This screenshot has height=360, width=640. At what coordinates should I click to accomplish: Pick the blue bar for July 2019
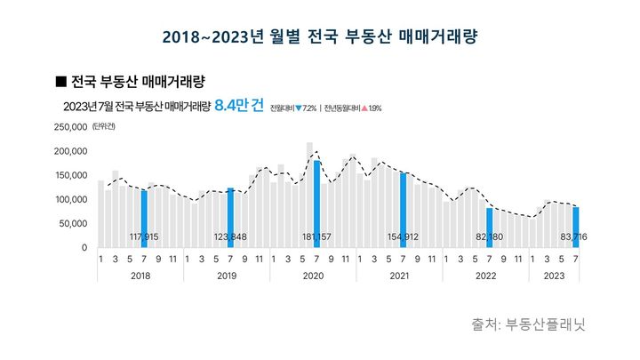pyautogui.click(x=230, y=217)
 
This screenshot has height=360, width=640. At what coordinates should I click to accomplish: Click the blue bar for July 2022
pyautogui.click(x=490, y=228)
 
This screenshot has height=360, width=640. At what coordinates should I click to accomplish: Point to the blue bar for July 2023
pyautogui.click(x=576, y=227)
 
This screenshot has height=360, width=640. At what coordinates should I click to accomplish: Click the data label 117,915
pyautogui.click(x=144, y=237)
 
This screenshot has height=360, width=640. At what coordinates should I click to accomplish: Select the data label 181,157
pyautogui.click(x=317, y=237)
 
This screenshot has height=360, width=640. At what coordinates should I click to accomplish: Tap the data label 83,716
pyautogui.click(x=576, y=237)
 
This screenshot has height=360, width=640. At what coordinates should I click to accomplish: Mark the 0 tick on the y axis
pyautogui.click(x=84, y=247)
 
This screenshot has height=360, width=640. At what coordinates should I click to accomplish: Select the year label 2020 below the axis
pyautogui.click(x=313, y=276)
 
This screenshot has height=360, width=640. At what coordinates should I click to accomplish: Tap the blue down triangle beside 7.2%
pyautogui.click(x=299, y=108)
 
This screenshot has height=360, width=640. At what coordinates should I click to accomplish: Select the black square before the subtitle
pyautogui.click(x=60, y=81)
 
